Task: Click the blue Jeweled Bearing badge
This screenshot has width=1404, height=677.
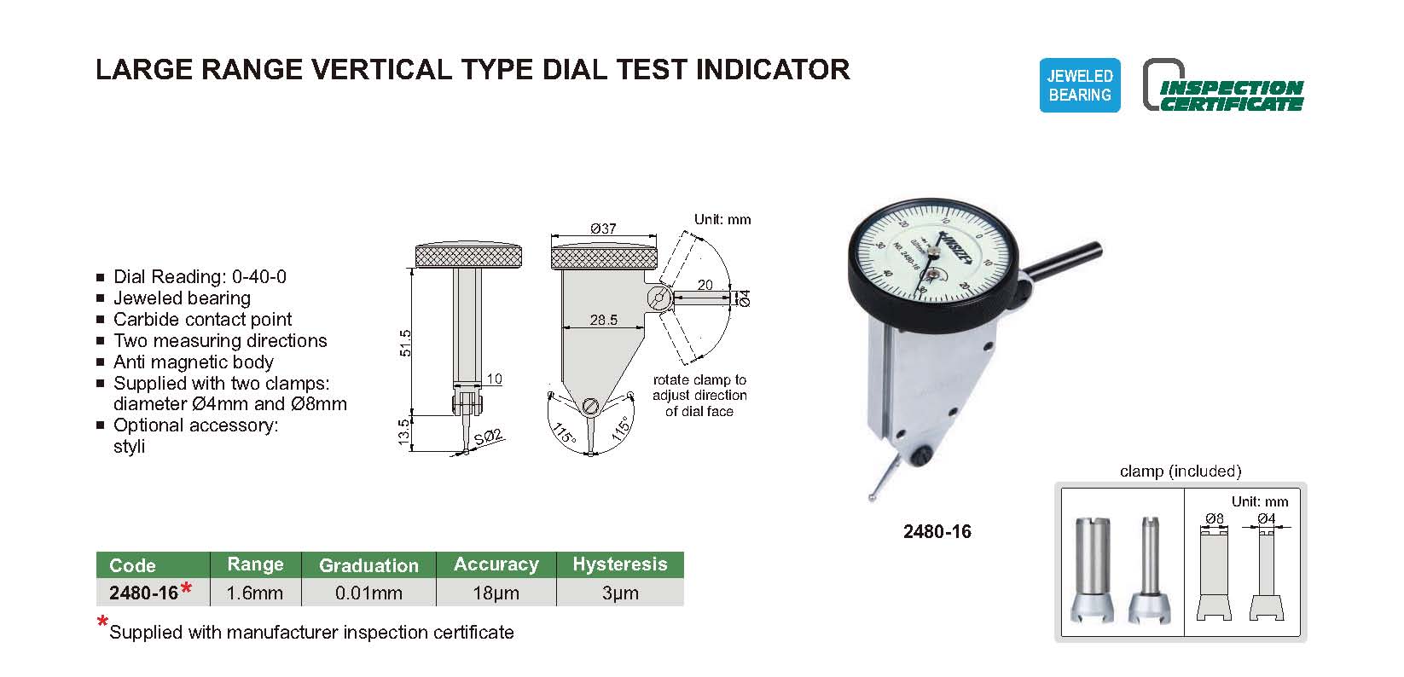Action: [1079, 85]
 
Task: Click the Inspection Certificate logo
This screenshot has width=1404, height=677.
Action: [1223, 86]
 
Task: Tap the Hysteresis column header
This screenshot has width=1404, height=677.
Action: [620, 564]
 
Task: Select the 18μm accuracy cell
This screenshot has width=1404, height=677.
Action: [496, 593]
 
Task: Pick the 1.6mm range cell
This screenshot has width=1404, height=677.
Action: [254, 593]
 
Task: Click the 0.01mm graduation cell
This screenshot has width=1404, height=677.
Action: [368, 593]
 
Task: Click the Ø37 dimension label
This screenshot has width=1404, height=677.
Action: [603, 229]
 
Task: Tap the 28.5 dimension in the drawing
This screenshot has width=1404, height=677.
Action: [604, 320]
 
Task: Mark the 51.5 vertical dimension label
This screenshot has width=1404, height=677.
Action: [405, 344]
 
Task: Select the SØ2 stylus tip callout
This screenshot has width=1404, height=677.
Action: [489, 437]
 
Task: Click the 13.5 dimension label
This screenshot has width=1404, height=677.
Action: [404, 432]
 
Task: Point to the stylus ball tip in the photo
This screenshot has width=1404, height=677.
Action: [872, 498]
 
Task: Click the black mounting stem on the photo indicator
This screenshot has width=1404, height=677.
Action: [1060, 262]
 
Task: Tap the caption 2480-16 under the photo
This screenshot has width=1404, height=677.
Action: [937, 532]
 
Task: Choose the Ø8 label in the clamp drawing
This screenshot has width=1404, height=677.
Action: [1214, 518]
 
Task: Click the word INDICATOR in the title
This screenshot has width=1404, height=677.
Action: [773, 70]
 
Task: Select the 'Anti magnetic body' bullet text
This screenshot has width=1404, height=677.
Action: [193, 362]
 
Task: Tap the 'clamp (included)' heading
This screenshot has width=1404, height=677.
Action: [1181, 471]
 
